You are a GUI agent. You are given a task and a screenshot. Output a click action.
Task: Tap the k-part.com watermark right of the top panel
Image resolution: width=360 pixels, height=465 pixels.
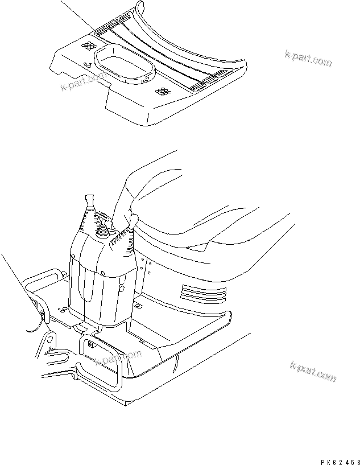(308, 57)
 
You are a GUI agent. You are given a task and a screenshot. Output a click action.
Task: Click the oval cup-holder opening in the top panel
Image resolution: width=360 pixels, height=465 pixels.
(125, 62)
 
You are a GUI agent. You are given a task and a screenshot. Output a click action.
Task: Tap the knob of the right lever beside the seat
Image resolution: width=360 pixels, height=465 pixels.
(135, 220)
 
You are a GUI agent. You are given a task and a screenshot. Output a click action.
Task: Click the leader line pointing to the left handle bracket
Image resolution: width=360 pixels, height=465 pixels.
(20, 285)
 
